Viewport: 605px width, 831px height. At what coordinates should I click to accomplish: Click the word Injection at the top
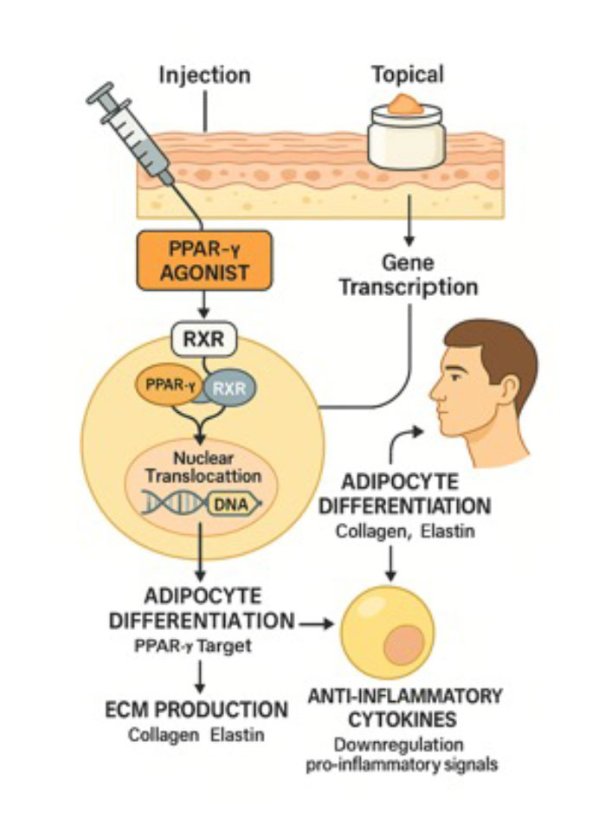[x=204, y=74]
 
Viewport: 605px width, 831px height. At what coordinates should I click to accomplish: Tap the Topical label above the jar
[x=407, y=74]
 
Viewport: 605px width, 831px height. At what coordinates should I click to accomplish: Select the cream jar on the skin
[x=406, y=138]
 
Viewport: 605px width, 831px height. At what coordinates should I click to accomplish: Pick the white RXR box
[x=204, y=340]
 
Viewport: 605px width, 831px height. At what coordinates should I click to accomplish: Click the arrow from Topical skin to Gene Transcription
[x=407, y=223]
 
